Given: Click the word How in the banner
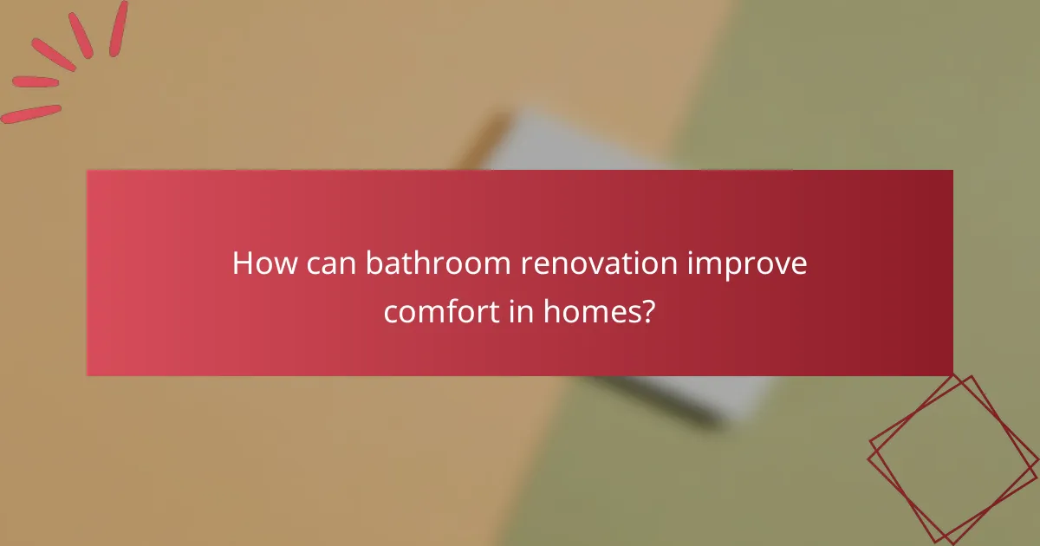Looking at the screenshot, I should pyautogui.click(x=263, y=263).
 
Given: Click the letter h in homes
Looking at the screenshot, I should pyautogui.click(x=551, y=309).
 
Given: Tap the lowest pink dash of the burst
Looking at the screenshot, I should pyautogui.click(x=31, y=114).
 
